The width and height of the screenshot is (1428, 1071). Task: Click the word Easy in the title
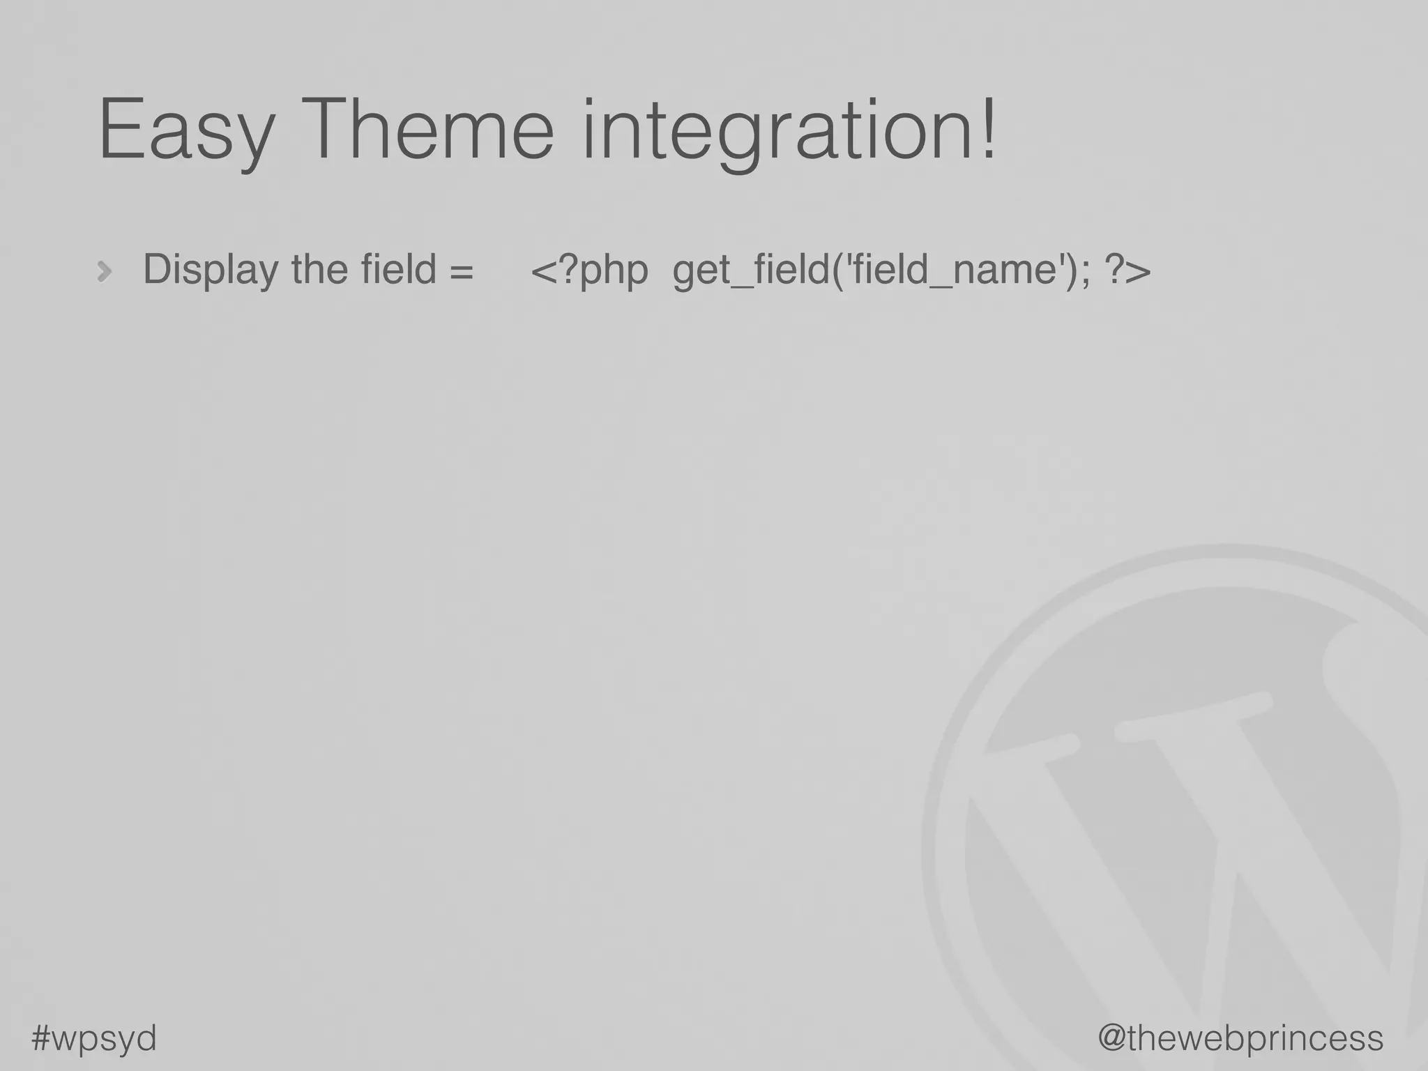(x=186, y=131)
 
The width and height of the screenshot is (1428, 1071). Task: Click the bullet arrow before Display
(x=105, y=271)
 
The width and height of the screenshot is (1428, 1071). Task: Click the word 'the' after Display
(x=319, y=268)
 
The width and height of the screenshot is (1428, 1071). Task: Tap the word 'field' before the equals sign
(x=398, y=268)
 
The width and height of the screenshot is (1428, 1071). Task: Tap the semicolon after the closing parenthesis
(x=1084, y=272)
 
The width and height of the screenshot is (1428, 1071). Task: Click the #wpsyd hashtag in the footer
(x=94, y=1038)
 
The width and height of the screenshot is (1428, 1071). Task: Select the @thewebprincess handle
(x=1240, y=1038)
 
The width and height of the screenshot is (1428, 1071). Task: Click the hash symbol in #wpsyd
(x=43, y=1037)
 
